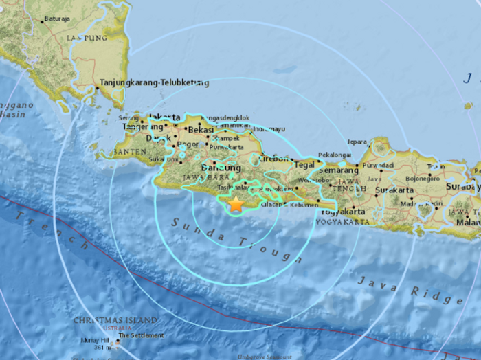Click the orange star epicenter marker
coord(236,204)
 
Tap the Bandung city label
coord(221,168)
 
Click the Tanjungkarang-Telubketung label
coord(155,83)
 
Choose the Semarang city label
coord(339,169)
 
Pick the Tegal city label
coord(304,164)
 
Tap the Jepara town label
coord(357,142)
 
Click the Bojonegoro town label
coord(427,178)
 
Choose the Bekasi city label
coord(201,129)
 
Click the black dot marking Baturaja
coord(43,21)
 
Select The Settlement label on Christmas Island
coord(141,335)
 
